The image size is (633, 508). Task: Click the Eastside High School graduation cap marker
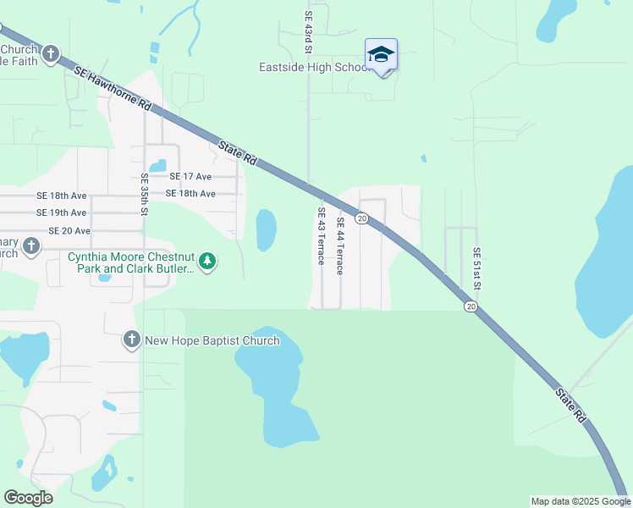coord(381,55)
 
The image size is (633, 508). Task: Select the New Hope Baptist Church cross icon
coord(131,340)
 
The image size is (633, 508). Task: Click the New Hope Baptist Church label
coord(212,340)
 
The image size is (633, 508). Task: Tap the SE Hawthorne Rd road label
coord(112,90)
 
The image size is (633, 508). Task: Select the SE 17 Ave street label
coord(190,177)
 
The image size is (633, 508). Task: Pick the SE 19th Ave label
coord(62,213)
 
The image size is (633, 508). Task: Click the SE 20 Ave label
coord(69,230)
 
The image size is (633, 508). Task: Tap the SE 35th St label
coord(144,195)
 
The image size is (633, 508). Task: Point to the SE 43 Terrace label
coord(322,236)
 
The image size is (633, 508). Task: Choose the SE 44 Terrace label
coord(340,246)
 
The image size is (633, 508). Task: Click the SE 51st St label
coord(476,268)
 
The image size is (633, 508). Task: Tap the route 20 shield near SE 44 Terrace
coord(362,218)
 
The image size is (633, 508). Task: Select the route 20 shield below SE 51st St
coord(471,306)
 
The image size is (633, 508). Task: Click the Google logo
coord(28,498)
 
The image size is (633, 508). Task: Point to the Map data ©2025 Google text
coord(581,501)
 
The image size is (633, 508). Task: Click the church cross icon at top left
coord(51,55)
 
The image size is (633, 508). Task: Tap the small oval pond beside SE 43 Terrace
coord(266,229)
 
